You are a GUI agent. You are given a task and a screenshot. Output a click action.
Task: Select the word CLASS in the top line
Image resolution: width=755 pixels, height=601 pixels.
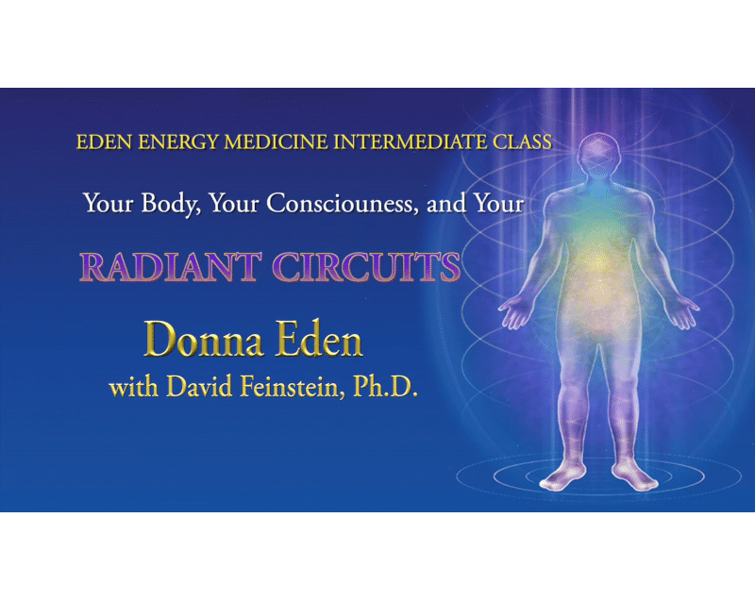(523, 142)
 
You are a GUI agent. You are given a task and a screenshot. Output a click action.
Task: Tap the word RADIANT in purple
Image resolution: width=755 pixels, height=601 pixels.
(171, 267)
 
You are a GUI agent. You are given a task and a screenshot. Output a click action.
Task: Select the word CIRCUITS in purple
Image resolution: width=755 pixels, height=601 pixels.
(366, 267)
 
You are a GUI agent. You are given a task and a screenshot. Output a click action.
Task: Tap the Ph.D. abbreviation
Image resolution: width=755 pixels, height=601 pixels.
(385, 387)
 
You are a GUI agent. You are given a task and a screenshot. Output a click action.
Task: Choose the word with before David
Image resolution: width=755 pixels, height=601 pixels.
(134, 388)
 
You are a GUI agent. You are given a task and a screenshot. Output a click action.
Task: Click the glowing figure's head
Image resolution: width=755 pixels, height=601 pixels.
(596, 155)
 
